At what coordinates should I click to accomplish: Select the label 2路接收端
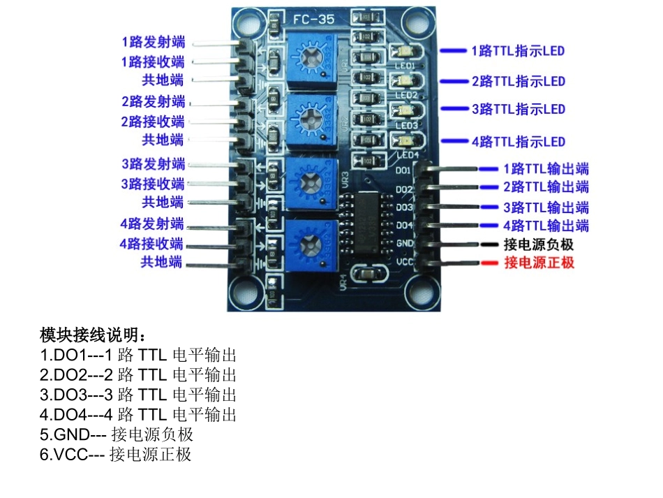point(153,122)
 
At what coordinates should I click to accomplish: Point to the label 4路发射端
point(151,224)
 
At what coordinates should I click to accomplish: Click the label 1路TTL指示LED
point(518,51)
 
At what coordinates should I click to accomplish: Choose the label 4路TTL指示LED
point(518,142)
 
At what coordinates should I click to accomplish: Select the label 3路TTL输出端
point(546,207)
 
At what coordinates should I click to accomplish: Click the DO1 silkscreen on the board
point(404,170)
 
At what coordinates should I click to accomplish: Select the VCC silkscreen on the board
point(404,261)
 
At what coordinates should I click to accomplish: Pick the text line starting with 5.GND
point(117,434)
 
